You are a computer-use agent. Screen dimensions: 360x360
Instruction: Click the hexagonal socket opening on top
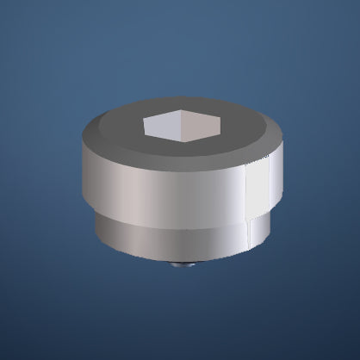click(183, 126)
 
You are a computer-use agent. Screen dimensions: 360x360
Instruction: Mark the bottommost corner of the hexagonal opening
click(182, 139)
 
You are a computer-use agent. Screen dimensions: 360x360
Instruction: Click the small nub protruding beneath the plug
click(181, 264)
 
